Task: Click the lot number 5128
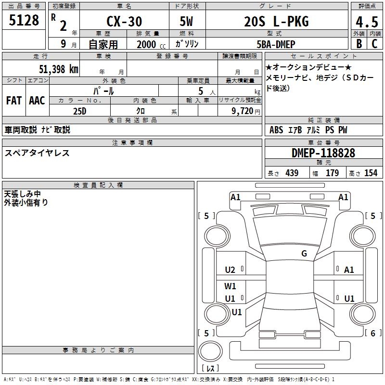click(24, 21)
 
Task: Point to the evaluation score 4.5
click(366, 22)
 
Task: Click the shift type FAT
click(13, 101)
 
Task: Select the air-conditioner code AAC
click(37, 101)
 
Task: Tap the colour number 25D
click(79, 111)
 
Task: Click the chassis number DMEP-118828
click(323, 153)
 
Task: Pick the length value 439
click(292, 173)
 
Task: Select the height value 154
click(371, 173)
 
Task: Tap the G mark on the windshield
click(304, 254)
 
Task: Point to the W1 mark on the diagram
click(231, 286)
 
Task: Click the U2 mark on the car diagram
click(230, 269)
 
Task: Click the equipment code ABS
click(276, 130)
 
